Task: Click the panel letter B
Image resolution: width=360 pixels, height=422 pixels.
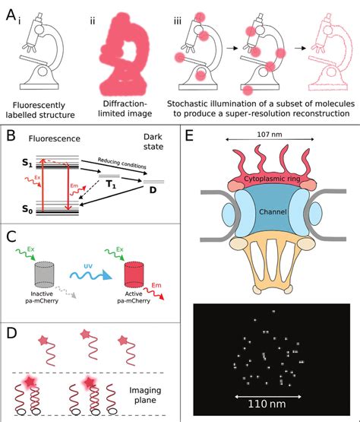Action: click(10, 141)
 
